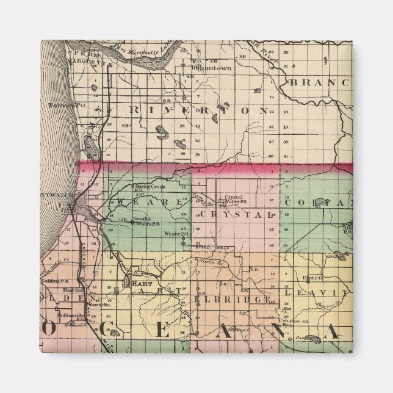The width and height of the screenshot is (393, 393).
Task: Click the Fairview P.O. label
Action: pos(62,105)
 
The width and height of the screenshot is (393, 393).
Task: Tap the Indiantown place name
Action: pos(211,68)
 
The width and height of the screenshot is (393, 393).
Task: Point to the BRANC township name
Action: pos(320,82)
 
